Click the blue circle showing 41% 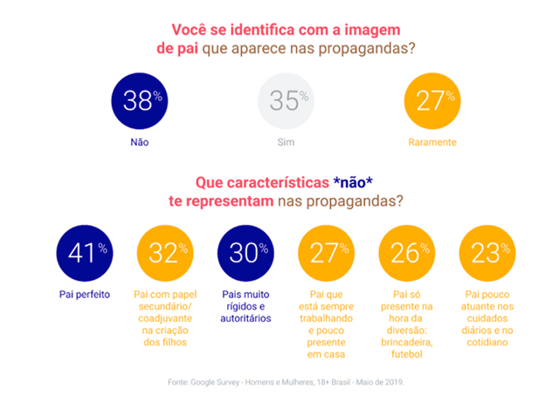[x=83, y=253]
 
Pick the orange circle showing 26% [x=405, y=253]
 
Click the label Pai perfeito [x=83, y=294]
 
